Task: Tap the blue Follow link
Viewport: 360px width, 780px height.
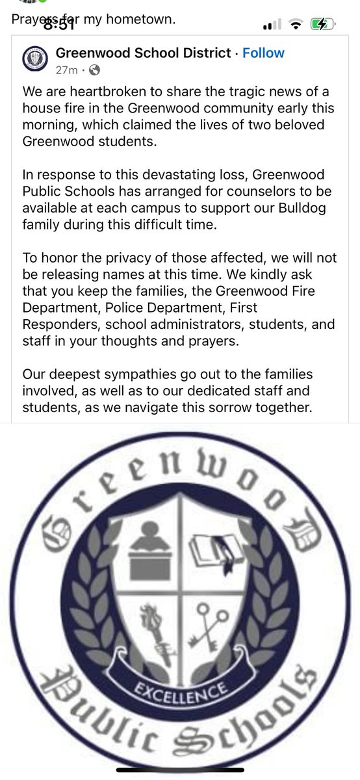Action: [263, 53]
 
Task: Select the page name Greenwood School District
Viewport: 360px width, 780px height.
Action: [144, 53]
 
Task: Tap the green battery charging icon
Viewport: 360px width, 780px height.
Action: [322, 25]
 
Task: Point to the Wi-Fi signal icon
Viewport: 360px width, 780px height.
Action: [296, 25]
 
